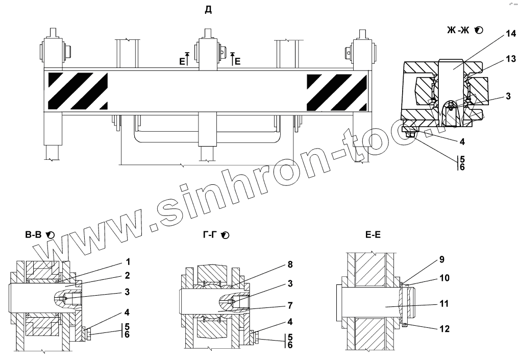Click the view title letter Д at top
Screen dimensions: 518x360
click(x=208, y=10)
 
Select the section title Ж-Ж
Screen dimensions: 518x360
click(x=458, y=31)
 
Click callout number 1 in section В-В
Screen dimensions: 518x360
click(x=128, y=262)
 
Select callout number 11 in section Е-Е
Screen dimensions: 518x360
click(x=445, y=303)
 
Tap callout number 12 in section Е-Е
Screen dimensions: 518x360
click(x=445, y=329)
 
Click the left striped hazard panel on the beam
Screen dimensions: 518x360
click(x=78, y=90)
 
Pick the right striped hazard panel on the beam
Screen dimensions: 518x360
click(x=336, y=91)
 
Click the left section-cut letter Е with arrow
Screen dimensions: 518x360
click(x=182, y=61)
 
